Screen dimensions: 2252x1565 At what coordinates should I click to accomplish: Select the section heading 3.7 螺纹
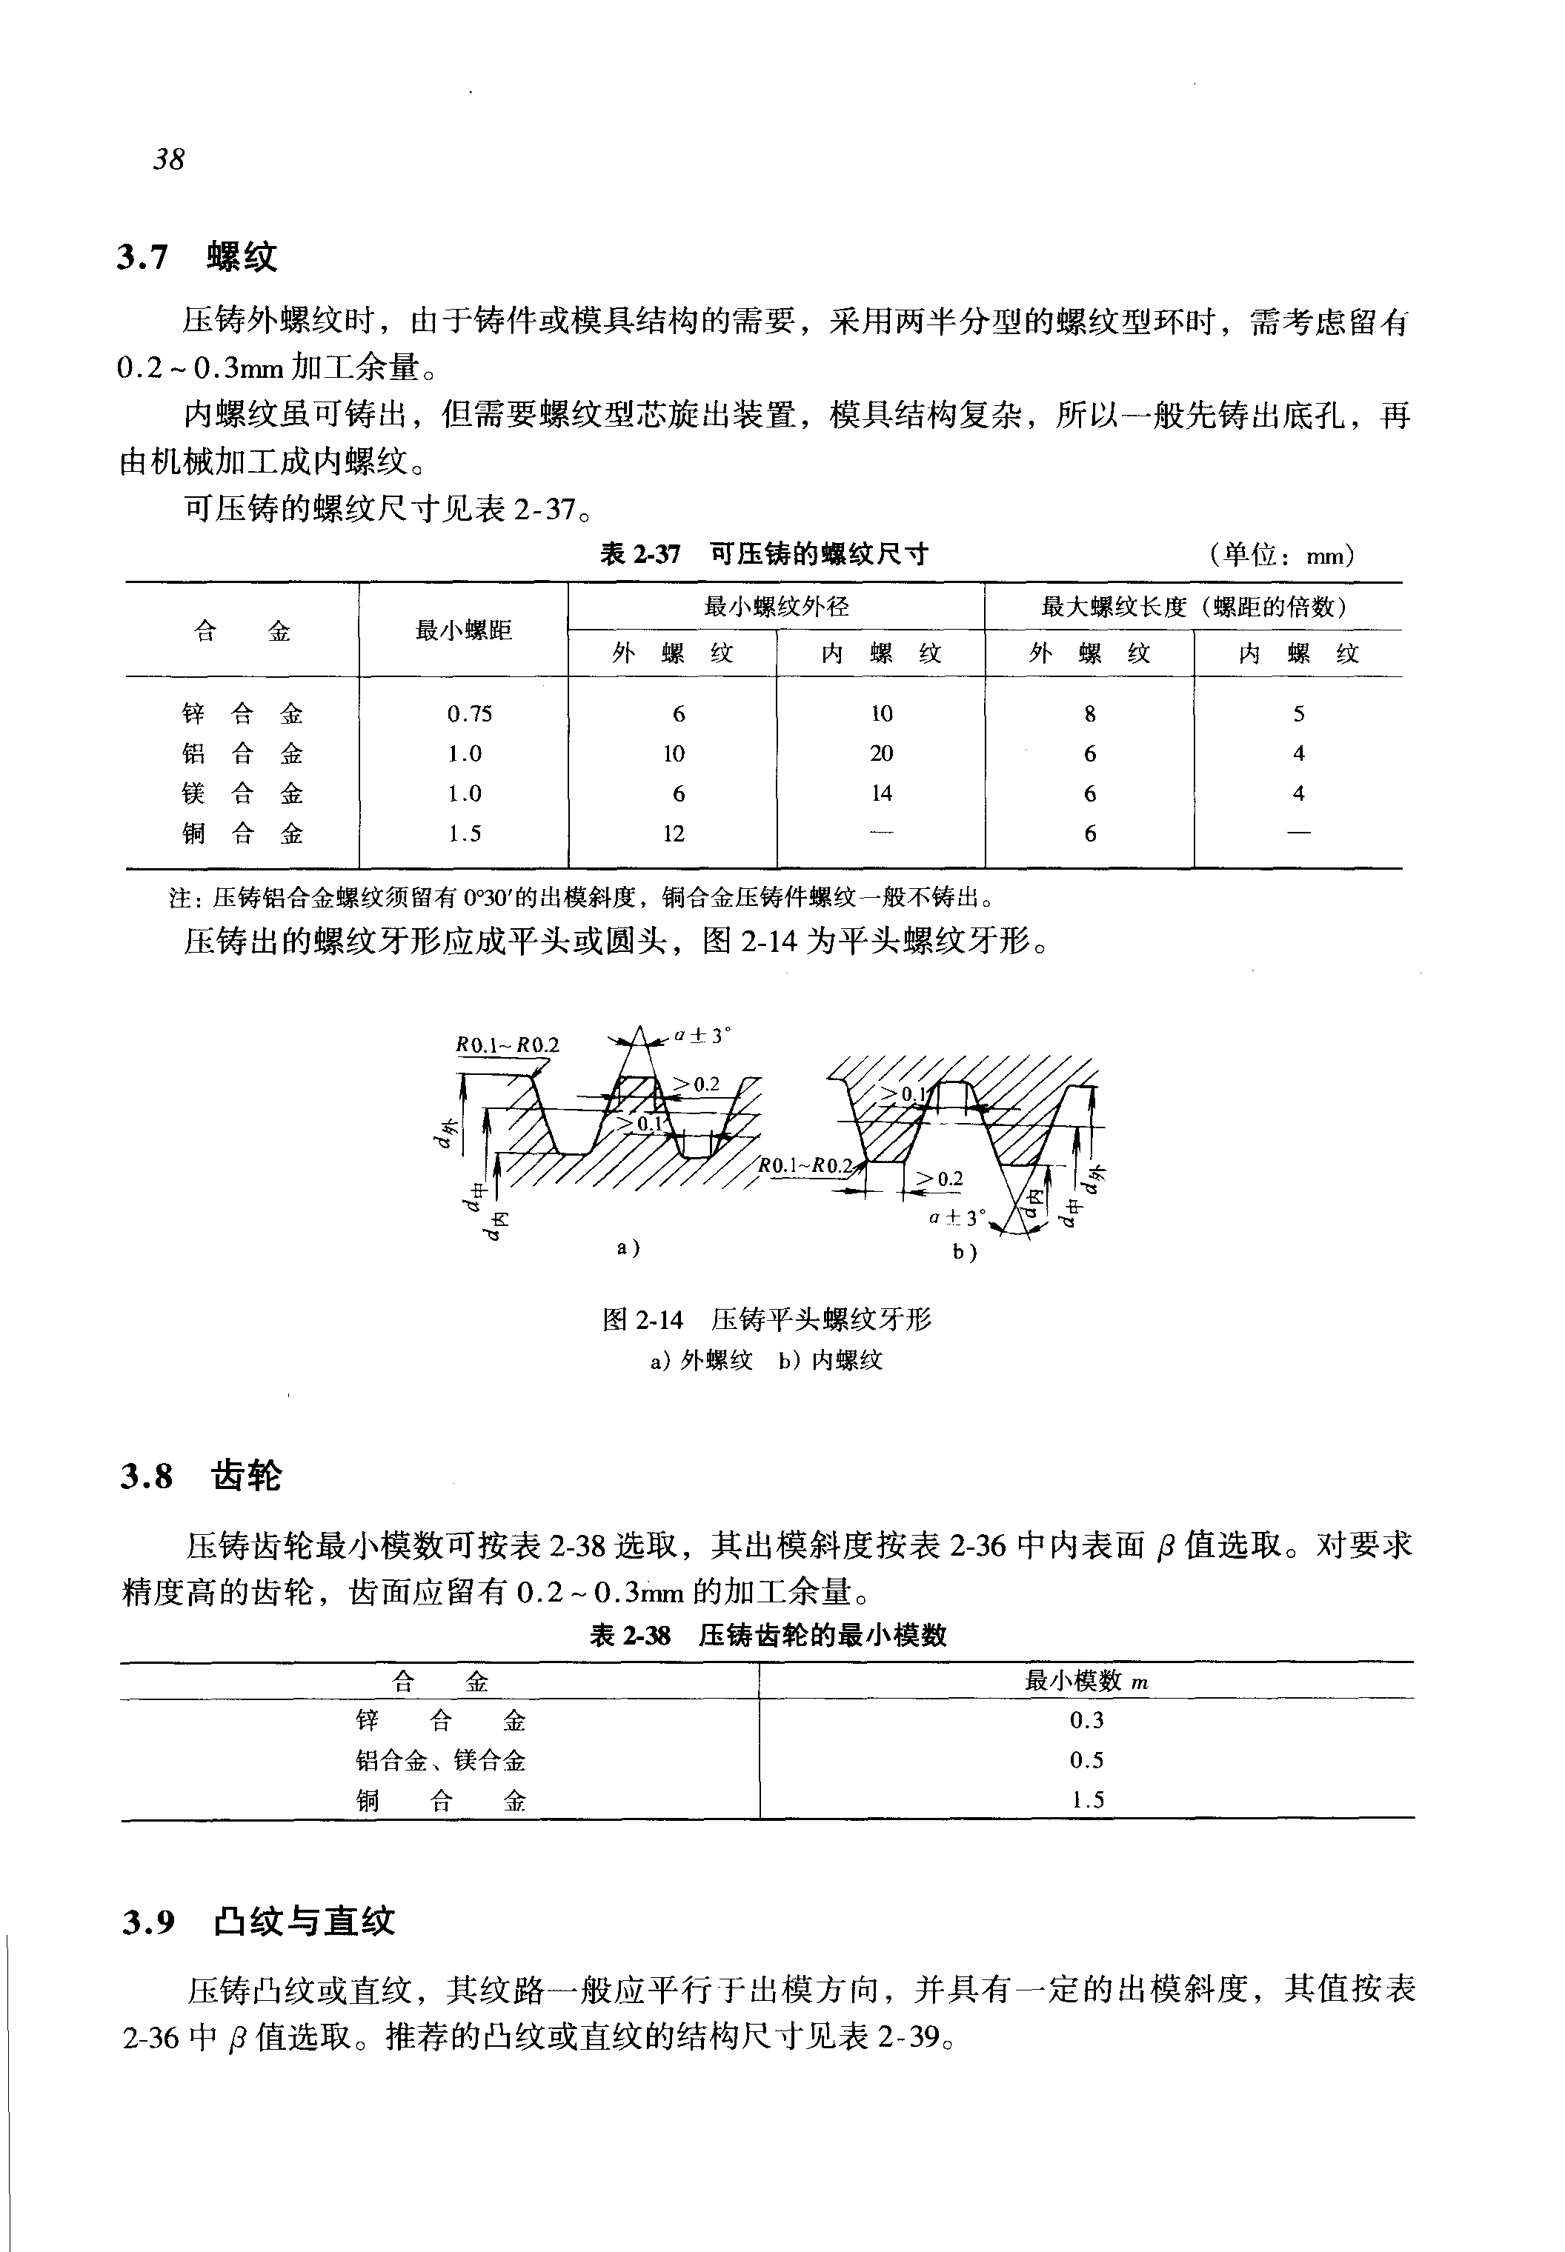[x=197, y=257]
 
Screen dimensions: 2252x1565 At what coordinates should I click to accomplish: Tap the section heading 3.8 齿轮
[x=201, y=1476]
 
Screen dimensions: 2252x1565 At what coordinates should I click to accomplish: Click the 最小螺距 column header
[x=464, y=630]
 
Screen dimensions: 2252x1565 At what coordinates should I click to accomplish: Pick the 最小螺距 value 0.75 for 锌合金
[x=470, y=713]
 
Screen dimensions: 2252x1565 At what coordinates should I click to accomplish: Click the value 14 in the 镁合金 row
[x=880, y=793]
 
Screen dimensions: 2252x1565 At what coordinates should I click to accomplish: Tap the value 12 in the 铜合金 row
[x=673, y=834]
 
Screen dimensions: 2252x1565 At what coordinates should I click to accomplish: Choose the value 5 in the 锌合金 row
[x=1298, y=713]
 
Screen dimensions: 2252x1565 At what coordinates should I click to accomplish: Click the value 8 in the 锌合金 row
[x=1089, y=713]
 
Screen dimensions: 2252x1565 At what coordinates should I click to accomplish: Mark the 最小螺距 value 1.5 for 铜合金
[x=465, y=834]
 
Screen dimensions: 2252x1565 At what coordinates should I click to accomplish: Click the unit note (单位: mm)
[x=1283, y=556]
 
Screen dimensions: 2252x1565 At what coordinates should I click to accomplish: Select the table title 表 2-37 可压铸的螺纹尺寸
[x=764, y=555]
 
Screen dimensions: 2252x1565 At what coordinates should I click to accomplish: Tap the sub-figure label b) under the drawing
[x=965, y=1252]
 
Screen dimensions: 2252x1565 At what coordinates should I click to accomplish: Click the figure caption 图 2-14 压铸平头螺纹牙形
[x=767, y=1319]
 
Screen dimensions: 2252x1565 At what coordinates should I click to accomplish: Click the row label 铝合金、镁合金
[x=440, y=1761]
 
